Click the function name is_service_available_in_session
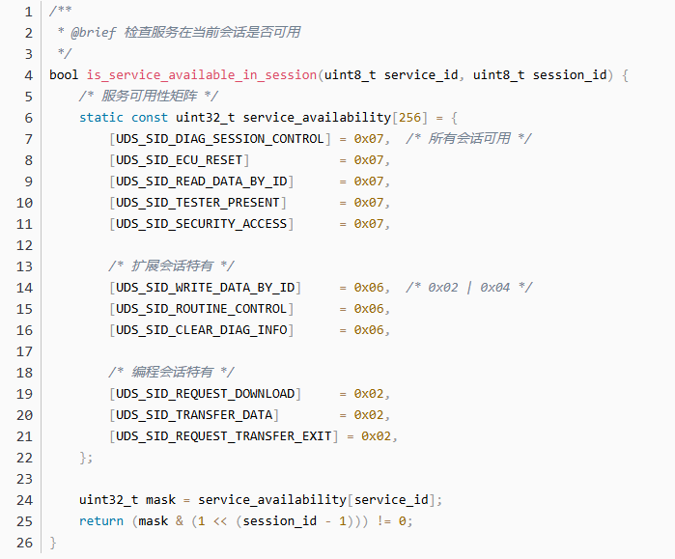[x=201, y=74]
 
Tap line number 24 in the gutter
[x=25, y=499]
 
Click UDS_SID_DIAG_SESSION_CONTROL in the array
[x=219, y=138]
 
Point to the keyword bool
[x=64, y=74]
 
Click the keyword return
[x=101, y=520]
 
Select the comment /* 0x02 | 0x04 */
[x=469, y=287]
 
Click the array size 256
[x=409, y=117]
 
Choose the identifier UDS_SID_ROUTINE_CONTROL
[x=201, y=308]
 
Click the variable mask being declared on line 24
[x=160, y=499]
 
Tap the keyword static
[x=101, y=117]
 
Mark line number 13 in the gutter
[x=25, y=266]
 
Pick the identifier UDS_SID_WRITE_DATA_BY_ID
[x=205, y=287]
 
